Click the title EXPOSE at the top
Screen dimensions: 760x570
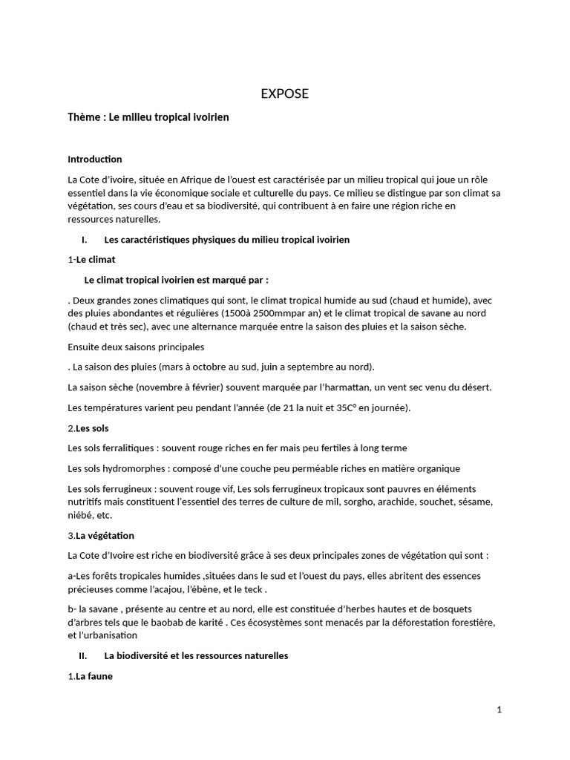(x=284, y=94)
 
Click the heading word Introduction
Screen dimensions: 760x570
(x=95, y=160)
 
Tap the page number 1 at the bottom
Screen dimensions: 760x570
(x=499, y=710)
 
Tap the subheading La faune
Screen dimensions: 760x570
(x=94, y=676)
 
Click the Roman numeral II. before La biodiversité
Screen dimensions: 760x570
(x=83, y=656)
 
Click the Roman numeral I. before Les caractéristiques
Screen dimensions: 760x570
(x=85, y=240)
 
